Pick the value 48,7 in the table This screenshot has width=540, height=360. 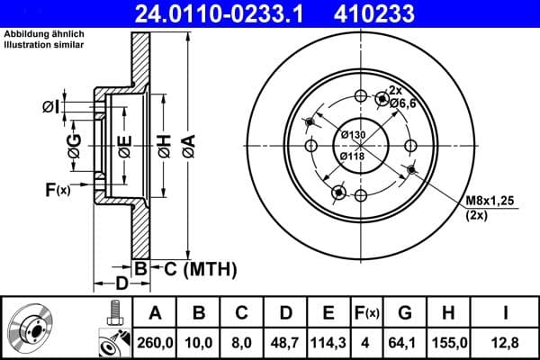click(285, 343)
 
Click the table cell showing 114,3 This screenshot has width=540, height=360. click(328, 343)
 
